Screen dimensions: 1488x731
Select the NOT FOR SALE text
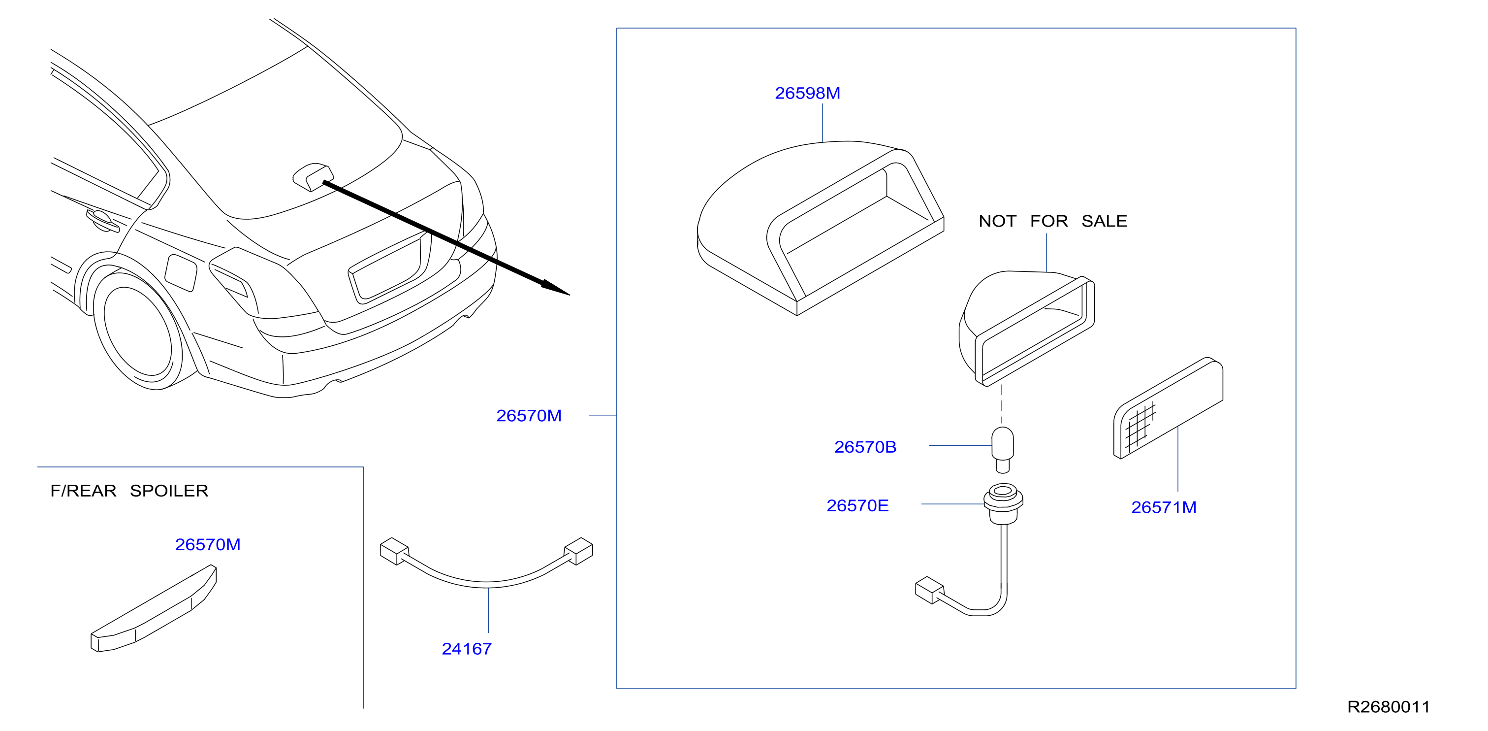[1052, 221]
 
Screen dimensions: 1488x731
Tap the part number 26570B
[865, 447]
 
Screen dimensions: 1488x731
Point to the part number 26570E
[857, 505]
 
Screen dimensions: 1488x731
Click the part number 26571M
[1163, 507]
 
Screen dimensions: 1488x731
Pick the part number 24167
[467, 649]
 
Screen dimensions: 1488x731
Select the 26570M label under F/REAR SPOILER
[207, 544]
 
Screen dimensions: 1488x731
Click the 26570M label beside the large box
[529, 415]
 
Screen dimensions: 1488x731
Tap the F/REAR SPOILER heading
[129, 491]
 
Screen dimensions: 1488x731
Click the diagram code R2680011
[1389, 707]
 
